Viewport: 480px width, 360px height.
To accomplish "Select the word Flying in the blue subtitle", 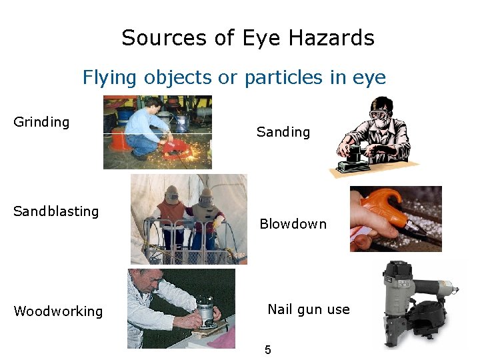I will (103, 77).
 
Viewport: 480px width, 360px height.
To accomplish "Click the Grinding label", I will (41, 122).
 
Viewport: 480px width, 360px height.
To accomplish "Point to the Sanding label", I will (283, 132).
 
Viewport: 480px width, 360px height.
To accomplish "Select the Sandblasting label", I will (56, 211).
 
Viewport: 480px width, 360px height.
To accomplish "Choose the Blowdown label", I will (293, 224).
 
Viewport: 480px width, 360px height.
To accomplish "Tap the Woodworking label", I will (58, 311).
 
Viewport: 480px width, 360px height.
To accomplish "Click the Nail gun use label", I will (308, 309).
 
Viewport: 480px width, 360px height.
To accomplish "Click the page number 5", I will (268, 350).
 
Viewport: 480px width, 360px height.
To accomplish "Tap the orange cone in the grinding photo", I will (119, 141).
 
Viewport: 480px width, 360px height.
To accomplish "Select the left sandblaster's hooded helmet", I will (173, 194).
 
